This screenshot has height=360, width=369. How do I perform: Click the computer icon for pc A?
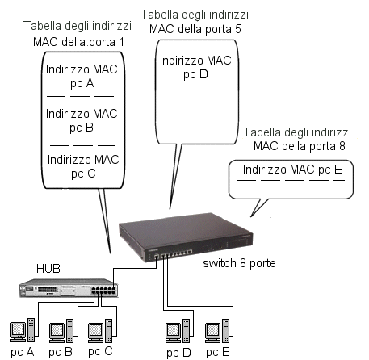tap(23, 330)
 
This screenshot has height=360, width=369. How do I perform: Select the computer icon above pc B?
tap(61, 331)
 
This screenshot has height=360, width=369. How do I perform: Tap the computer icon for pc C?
tap(100, 331)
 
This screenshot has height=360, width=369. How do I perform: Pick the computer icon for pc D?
tap(178, 331)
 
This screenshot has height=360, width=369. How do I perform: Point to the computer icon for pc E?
tap(217, 331)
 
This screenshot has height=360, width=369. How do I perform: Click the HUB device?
tap(69, 288)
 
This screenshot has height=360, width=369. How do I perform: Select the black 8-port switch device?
tap(186, 237)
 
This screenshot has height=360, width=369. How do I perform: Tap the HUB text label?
tap(48, 269)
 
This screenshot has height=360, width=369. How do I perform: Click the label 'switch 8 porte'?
tap(239, 263)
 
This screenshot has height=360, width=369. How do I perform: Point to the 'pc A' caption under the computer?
tap(23, 352)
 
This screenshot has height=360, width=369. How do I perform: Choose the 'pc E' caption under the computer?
tap(218, 352)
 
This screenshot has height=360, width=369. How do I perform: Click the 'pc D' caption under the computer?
tap(178, 353)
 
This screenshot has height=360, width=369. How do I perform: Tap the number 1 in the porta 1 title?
tap(121, 42)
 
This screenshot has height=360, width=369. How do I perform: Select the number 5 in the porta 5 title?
tap(237, 29)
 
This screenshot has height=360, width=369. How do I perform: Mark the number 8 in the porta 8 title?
tap(342, 146)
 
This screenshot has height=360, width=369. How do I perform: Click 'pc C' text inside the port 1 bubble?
tap(83, 174)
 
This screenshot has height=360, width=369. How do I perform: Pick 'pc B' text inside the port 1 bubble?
tap(82, 128)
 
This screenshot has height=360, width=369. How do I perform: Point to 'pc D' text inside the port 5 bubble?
tap(195, 74)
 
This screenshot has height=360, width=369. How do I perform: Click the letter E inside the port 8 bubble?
tap(338, 170)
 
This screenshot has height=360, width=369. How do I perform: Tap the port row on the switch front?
tap(174, 254)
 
